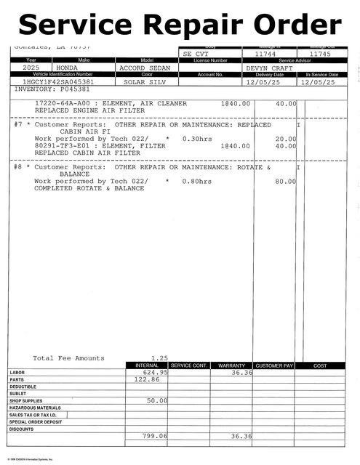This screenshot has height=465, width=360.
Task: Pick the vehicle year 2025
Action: (x=31, y=68)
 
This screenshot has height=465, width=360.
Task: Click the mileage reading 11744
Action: (x=266, y=54)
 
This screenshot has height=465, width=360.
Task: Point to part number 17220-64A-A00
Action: (x=66, y=103)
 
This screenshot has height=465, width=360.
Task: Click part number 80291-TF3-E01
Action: (x=66, y=145)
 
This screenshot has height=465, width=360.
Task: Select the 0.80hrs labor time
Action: (x=197, y=181)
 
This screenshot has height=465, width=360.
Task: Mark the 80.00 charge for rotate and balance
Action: (x=285, y=181)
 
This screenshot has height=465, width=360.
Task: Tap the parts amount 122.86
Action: (x=148, y=379)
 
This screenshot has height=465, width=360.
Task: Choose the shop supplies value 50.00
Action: (x=157, y=400)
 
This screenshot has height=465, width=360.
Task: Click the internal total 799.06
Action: (x=155, y=436)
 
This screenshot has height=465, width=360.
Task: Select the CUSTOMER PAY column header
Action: (x=275, y=365)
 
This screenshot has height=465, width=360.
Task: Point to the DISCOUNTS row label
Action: (x=22, y=429)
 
